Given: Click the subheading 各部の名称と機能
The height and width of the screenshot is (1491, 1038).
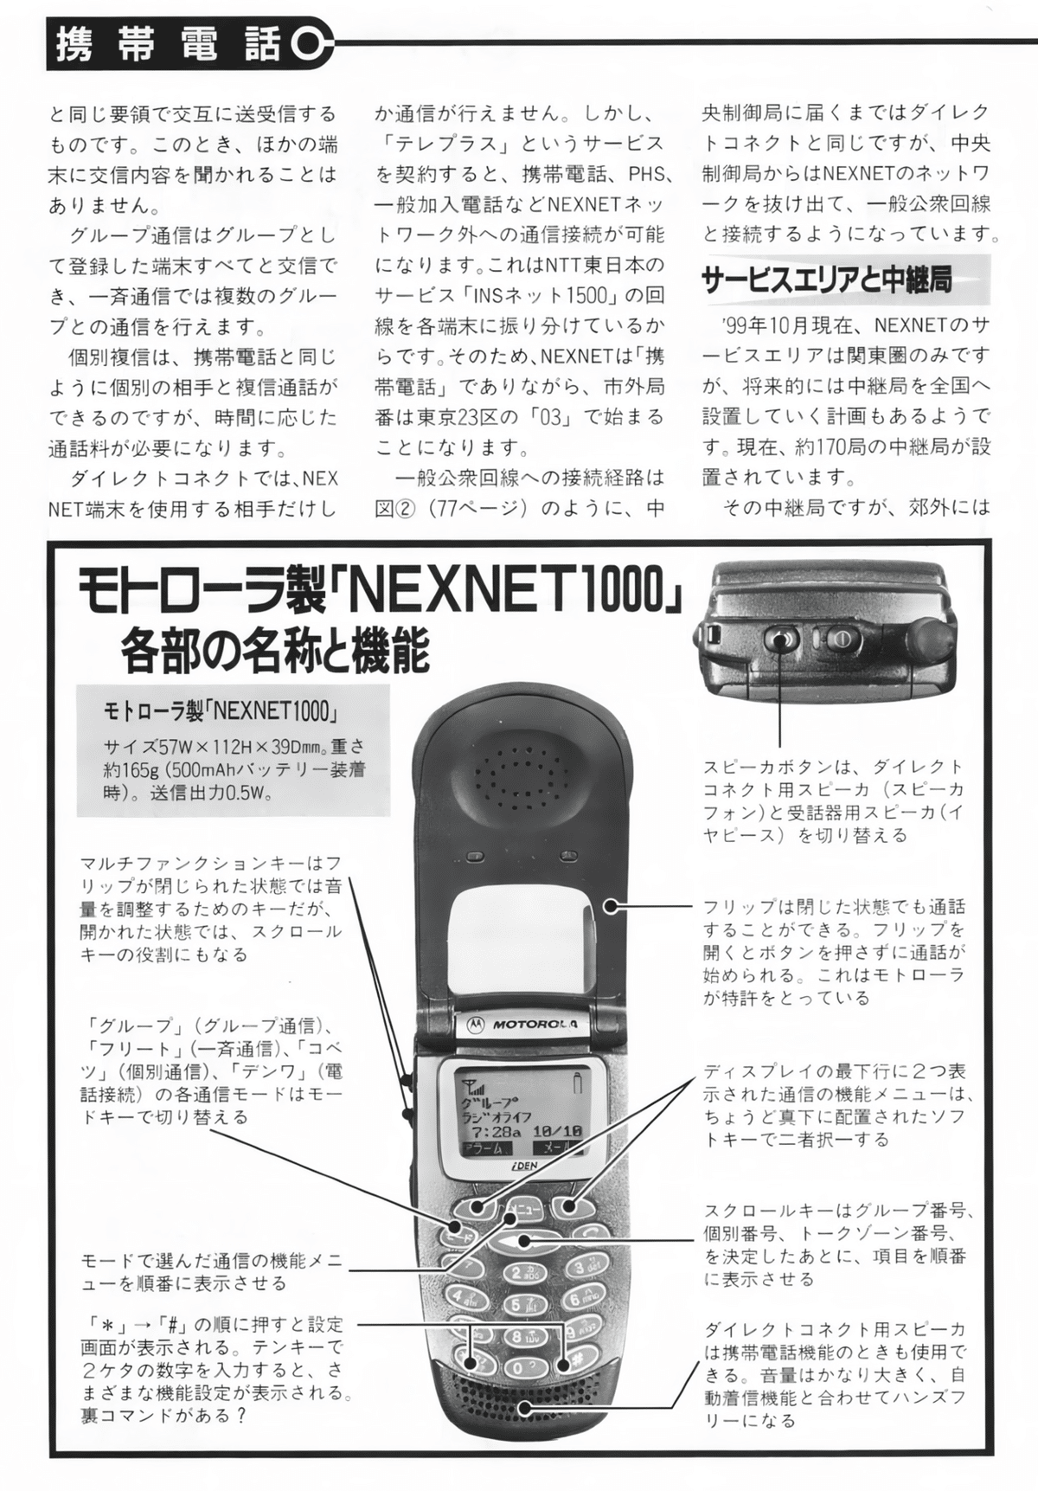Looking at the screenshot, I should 275,651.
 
